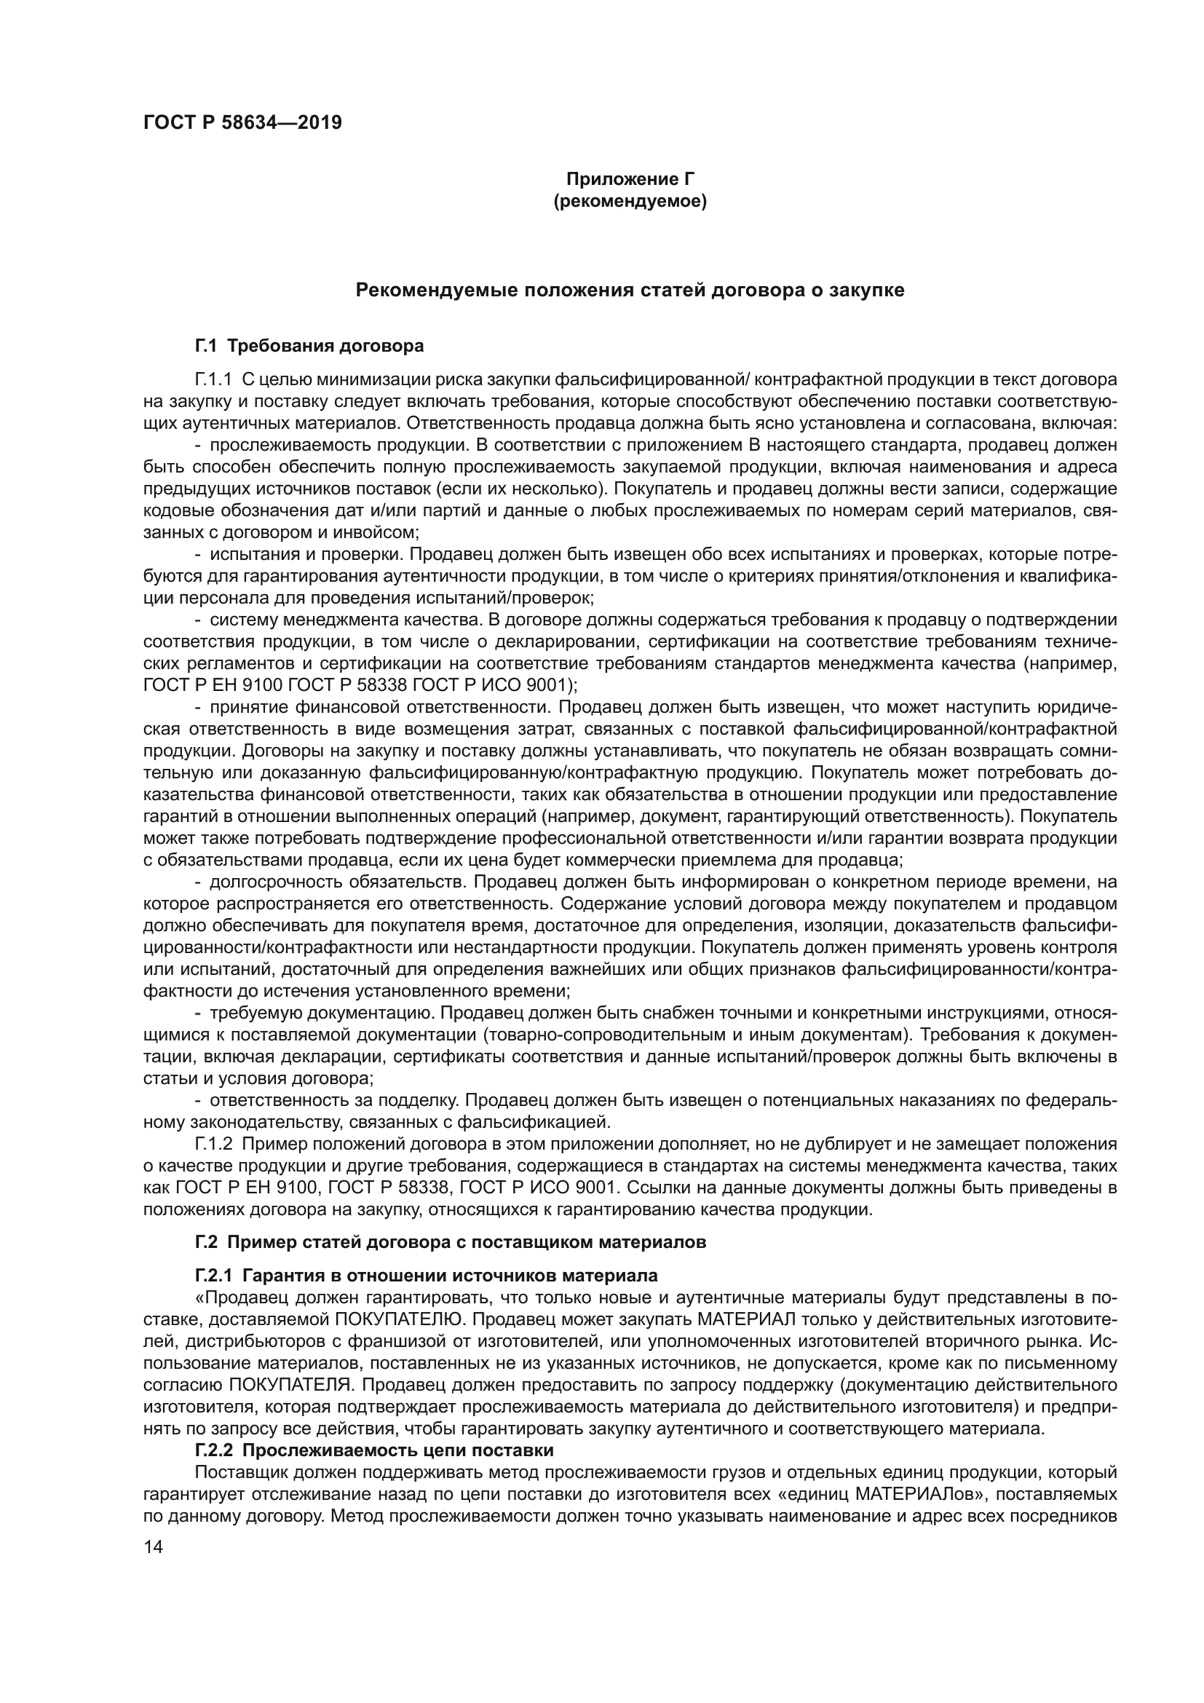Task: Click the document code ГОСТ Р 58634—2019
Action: (x=242, y=123)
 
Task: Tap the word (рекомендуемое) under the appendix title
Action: (x=630, y=201)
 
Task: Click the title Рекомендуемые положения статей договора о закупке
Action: (x=630, y=290)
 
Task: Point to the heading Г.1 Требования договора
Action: (x=309, y=346)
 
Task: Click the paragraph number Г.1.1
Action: (x=214, y=380)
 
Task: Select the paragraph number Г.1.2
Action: (x=214, y=1144)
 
